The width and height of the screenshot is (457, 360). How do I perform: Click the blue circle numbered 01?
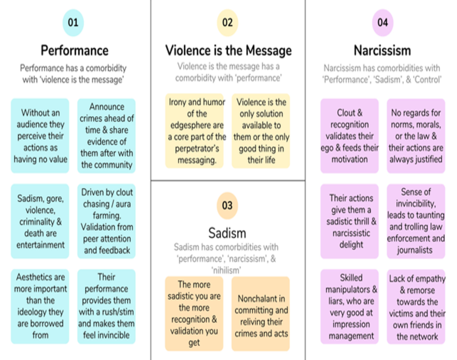pos(73,23)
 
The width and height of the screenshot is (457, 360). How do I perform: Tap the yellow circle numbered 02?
pos(228,23)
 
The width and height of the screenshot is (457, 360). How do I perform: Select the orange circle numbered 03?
pos(227,205)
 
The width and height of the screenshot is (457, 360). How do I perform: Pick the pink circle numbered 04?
pos(382,23)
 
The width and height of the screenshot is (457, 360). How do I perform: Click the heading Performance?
pos(74,50)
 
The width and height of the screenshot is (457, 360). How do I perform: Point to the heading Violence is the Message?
pos(228,50)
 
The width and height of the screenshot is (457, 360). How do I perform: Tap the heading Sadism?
pos(227,233)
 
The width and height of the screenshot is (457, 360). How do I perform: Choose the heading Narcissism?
pos(382,50)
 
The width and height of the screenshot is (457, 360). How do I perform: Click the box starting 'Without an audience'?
pos(40,136)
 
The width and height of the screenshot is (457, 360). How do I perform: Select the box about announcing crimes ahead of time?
pos(106,136)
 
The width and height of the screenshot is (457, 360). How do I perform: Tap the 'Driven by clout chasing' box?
pos(106,221)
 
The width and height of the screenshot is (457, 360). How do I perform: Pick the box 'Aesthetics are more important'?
pos(40,306)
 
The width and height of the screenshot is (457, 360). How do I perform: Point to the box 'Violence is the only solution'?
pos(261,131)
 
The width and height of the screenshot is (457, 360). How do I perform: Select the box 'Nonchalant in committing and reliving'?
pos(261,314)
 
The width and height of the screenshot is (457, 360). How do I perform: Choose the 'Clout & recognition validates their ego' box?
pos(349,136)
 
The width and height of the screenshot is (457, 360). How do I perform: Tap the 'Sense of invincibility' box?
pos(416,221)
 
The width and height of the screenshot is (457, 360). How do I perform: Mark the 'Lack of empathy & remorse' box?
pos(416,306)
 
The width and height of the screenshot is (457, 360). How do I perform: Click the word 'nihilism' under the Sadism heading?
pos(226,270)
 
